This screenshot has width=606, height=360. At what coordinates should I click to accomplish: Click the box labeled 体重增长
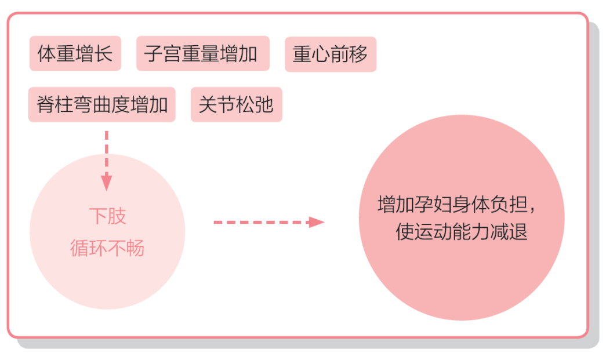(75, 54)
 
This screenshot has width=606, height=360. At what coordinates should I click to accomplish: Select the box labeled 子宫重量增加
(203, 54)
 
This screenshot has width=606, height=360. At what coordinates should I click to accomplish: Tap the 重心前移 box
(331, 54)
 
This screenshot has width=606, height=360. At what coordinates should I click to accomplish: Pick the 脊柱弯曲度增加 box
(101, 105)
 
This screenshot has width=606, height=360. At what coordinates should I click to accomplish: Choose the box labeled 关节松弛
(236, 105)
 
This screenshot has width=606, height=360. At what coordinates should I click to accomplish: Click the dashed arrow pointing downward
(106, 157)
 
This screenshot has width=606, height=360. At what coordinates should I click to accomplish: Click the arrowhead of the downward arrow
(106, 183)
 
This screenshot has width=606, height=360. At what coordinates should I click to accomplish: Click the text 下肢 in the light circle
(107, 216)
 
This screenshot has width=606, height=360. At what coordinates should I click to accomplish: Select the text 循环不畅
(107, 248)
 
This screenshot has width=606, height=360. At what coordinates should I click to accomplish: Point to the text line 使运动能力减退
(462, 232)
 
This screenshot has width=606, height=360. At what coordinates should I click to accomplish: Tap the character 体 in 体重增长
(47, 54)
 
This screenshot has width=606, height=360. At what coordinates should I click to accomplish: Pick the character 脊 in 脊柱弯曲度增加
(46, 106)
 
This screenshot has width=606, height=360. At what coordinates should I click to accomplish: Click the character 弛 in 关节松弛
(264, 106)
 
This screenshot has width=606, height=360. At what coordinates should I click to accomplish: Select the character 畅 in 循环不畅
(136, 249)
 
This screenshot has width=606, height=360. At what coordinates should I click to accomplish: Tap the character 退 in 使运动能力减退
(518, 232)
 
